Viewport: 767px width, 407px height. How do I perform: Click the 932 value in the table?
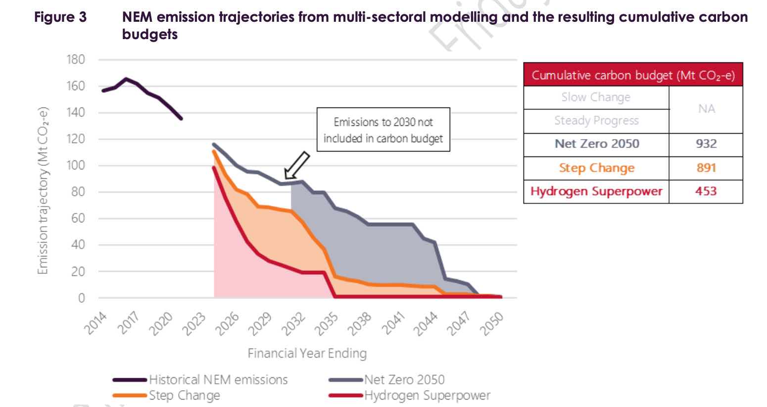coord(706,144)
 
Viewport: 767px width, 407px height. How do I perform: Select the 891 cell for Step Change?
coord(706,168)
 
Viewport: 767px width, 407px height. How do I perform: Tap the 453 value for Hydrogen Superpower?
coord(706,191)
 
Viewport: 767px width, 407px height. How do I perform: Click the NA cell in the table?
coord(706,109)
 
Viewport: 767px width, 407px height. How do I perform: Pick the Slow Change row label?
coord(596,97)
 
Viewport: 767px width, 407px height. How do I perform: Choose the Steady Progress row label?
coord(596,120)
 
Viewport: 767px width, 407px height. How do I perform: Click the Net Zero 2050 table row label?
coord(596,144)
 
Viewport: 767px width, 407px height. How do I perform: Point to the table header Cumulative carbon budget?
coord(633,76)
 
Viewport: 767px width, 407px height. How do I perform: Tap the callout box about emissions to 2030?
coord(383,130)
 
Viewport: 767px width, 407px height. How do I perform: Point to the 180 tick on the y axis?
coord(76,59)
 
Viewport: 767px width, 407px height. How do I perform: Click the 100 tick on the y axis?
coord(76,165)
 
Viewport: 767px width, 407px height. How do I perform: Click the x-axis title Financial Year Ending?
coord(307,354)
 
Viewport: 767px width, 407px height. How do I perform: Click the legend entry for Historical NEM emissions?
coord(218,380)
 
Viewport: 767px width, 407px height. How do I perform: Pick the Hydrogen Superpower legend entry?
coord(427,396)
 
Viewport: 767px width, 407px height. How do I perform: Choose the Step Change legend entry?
coord(184,396)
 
